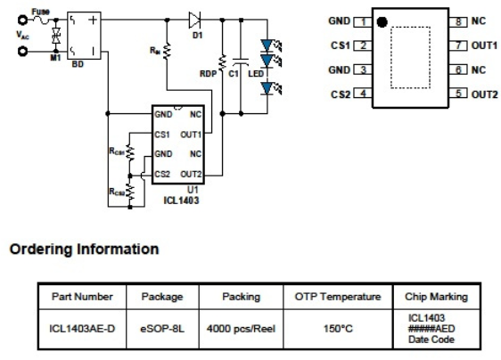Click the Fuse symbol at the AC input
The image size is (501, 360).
tap(41, 20)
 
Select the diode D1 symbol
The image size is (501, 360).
tap(194, 20)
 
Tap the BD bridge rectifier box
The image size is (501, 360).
tap(84, 36)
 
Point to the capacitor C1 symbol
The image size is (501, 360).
tap(241, 61)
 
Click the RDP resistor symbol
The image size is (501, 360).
tap(222, 62)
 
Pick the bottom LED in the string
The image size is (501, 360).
tap(267, 88)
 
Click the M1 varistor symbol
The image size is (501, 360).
tap(56, 36)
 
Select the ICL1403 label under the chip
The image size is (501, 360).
tap(181, 200)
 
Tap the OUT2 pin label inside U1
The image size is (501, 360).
tap(191, 175)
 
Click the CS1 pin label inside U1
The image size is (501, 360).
tap(162, 135)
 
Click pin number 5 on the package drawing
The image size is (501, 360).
tap(458, 94)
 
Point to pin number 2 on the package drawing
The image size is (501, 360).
tap(363, 45)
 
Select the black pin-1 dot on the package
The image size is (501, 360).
tap(382, 22)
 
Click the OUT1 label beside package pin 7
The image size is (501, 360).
tap(484, 45)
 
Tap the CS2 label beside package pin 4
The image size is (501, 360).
tap(341, 94)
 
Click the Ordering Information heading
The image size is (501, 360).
tap(84, 250)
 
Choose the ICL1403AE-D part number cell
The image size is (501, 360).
tap(82, 329)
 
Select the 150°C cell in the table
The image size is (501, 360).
tap(338, 329)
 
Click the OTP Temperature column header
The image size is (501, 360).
tap(338, 297)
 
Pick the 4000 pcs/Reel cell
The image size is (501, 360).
tap(241, 329)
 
